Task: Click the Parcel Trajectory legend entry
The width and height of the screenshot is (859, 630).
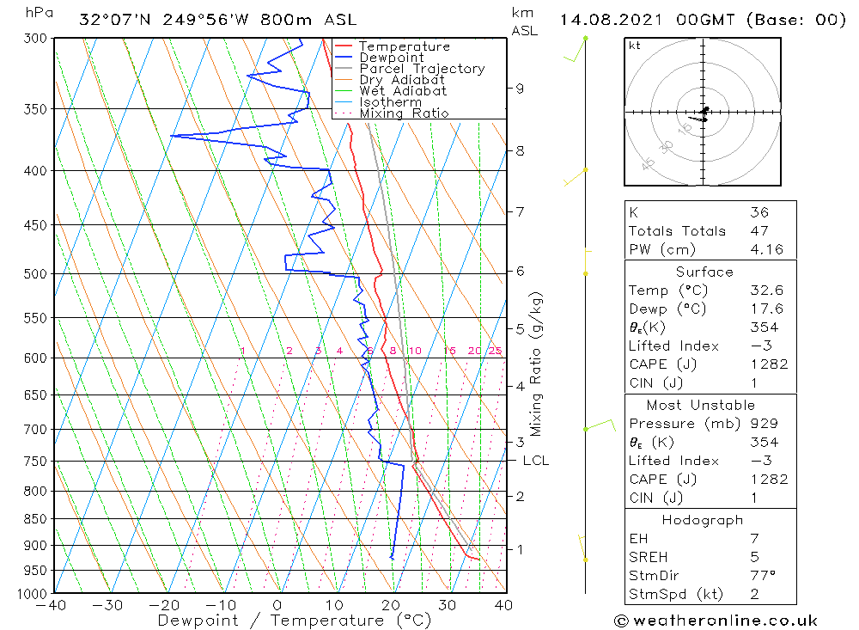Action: pos(422,69)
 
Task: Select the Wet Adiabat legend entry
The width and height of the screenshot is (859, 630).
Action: pos(403,91)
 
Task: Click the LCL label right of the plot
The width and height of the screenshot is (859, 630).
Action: pos(535,461)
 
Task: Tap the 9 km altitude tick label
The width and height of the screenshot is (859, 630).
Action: pos(520,88)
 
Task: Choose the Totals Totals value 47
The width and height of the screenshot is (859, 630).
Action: pos(758,231)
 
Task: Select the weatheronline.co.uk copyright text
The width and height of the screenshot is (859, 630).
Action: pos(716,621)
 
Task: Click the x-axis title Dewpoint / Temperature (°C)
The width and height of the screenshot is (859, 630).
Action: pos(294,620)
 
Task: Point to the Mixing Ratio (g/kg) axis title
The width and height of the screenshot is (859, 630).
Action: pos(536,364)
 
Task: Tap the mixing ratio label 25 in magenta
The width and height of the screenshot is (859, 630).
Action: pos(495,351)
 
